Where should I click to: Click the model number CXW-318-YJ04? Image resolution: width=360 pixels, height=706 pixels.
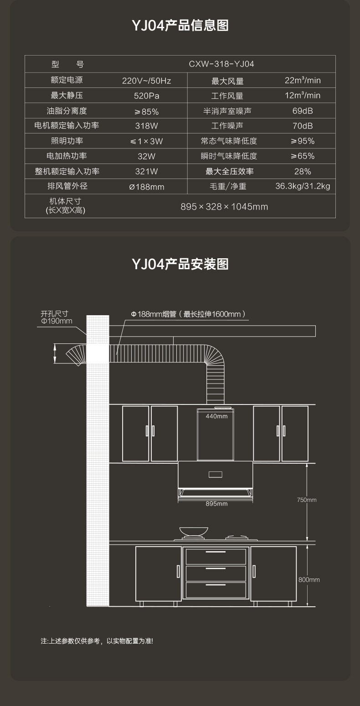point(221,64)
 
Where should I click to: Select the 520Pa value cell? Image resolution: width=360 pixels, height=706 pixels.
point(146,96)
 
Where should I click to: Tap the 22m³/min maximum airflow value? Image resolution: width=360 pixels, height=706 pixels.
point(303,80)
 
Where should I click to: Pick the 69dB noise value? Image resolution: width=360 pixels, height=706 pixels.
point(303,111)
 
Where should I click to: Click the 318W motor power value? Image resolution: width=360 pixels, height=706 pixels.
point(146,126)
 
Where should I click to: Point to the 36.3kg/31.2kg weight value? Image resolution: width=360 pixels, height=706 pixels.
point(303,186)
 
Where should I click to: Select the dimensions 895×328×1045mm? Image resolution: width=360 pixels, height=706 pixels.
point(224,207)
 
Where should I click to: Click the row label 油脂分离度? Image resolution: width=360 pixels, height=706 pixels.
point(67,111)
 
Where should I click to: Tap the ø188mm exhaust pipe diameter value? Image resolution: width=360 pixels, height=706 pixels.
point(146,187)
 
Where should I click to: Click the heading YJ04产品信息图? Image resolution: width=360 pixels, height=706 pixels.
point(180,25)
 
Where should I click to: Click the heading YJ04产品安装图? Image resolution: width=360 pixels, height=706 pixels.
point(180,264)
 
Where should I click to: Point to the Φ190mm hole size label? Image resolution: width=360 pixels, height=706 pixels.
point(57,321)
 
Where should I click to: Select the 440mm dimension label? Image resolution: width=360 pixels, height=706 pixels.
point(216,416)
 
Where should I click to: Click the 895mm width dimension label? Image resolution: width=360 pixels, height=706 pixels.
point(216,504)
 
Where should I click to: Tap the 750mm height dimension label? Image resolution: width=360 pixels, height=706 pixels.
point(307,500)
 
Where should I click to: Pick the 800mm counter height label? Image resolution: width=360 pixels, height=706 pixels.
point(309,580)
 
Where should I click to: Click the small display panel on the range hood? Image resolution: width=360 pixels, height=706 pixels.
point(216,475)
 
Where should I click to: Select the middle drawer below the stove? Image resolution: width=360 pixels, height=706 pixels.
point(216,573)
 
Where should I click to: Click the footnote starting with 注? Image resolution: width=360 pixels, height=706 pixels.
point(97,641)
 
